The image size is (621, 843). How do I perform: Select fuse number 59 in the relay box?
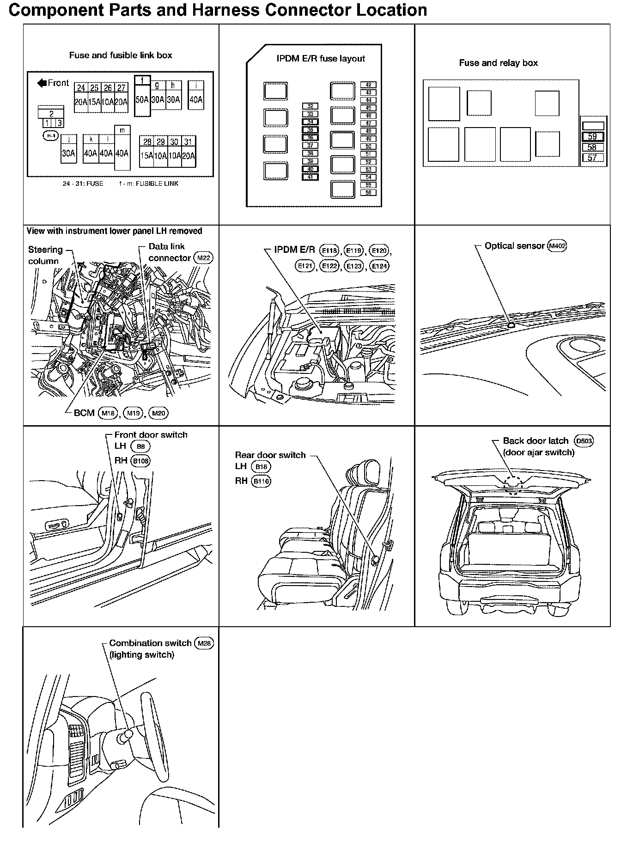pos(592,136)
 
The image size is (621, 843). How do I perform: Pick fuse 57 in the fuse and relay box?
pos(592,158)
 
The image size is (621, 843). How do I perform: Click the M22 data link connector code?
pos(203,258)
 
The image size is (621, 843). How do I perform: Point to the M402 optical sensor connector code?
pos(557,246)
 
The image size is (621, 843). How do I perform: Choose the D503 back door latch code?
pos(584,441)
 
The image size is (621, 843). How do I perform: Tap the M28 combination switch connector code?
pos(204,643)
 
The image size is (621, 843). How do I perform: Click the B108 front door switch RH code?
pos(140,461)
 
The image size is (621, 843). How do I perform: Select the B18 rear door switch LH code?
pos(262,467)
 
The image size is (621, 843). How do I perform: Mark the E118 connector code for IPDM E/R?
pos(329,250)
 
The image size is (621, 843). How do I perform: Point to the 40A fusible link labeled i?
pos(196,96)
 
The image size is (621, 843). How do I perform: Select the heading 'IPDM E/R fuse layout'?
pos(321,59)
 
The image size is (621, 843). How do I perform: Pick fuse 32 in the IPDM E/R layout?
pos(310,106)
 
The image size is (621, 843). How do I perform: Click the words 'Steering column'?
pos(45,255)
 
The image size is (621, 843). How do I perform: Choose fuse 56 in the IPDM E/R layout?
pos(368,192)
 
